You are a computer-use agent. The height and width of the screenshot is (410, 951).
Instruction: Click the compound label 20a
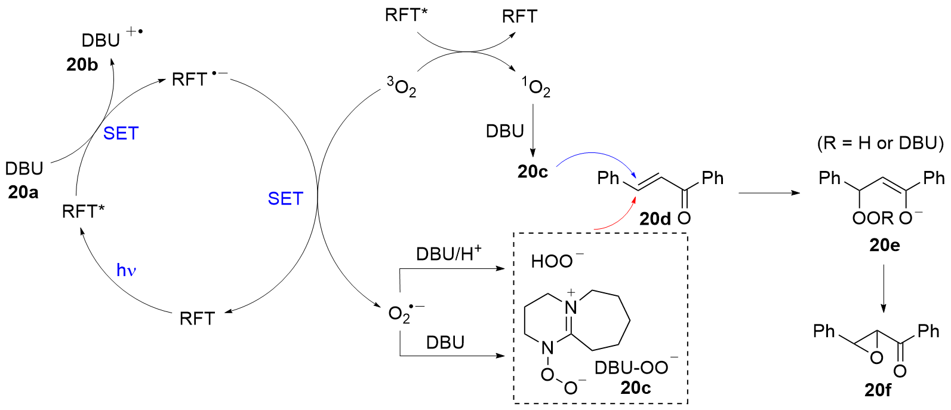pyautogui.click(x=23, y=192)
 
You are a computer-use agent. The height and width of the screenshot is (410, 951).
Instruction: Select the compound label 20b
pyautogui.click(x=82, y=65)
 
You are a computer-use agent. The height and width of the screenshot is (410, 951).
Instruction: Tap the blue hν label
pyautogui.click(x=127, y=271)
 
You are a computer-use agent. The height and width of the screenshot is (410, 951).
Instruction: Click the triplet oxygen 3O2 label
pyautogui.click(x=402, y=88)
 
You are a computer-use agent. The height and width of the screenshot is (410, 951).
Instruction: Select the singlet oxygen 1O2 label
pyautogui.click(x=535, y=88)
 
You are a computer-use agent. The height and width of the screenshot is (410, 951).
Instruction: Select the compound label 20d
pyautogui.click(x=655, y=219)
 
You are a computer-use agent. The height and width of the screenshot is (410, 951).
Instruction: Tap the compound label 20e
pyautogui.click(x=884, y=245)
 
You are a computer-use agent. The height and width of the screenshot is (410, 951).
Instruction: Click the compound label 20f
pyautogui.click(x=878, y=390)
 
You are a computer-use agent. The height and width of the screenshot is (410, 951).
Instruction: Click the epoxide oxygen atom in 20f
pyautogui.click(x=876, y=358)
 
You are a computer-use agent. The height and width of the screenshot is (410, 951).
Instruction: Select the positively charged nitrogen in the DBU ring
pyautogui.click(x=571, y=308)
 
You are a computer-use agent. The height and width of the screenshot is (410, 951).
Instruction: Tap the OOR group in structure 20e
pyautogui.click(x=872, y=218)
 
